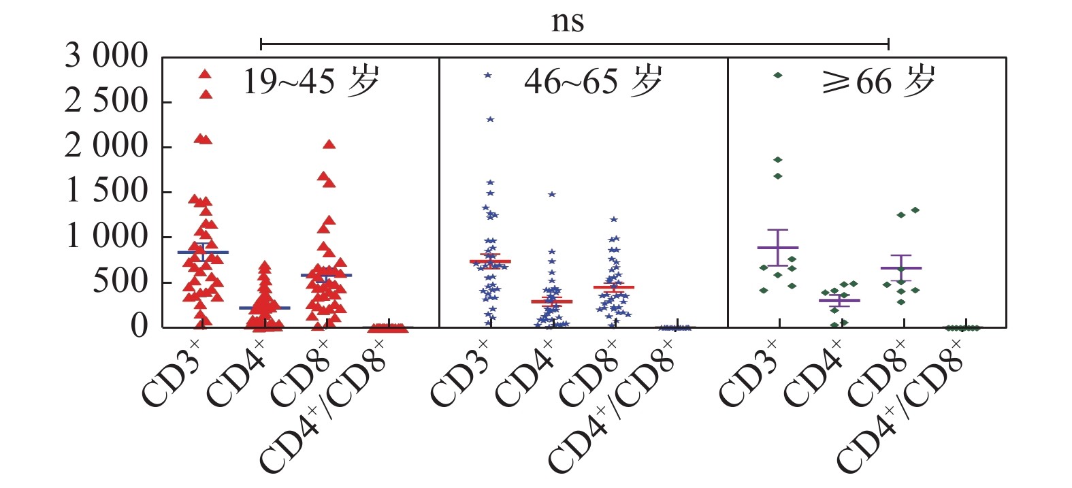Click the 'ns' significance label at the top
pyautogui.click(x=567, y=22)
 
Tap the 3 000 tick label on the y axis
pyautogui.click(x=105, y=56)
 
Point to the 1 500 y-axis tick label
pyautogui.click(x=105, y=191)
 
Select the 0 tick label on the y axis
pyautogui.click(x=139, y=326)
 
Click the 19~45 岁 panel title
pyautogui.click(x=310, y=82)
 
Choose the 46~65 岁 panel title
pyautogui.click(x=592, y=82)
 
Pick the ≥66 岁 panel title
pyautogui.click(x=877, y=82)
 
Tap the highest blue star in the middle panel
pyautogui.click(x=488, y=75)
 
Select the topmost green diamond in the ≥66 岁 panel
pyautogui.click(x=777, y=75)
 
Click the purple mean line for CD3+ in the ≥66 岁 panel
pyautogui.click(x=777, y=248)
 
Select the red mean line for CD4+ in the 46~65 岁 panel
pyautogui.click(x=552, y=301)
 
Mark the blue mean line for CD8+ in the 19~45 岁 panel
pyautogui.click(x=326, y=275)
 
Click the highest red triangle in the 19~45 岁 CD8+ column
pyautogui.click(x=329, y=144)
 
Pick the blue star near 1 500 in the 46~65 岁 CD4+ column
pyautogui.click(x=552, y=194)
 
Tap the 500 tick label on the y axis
pyautogui.click(x=119, y=281)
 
